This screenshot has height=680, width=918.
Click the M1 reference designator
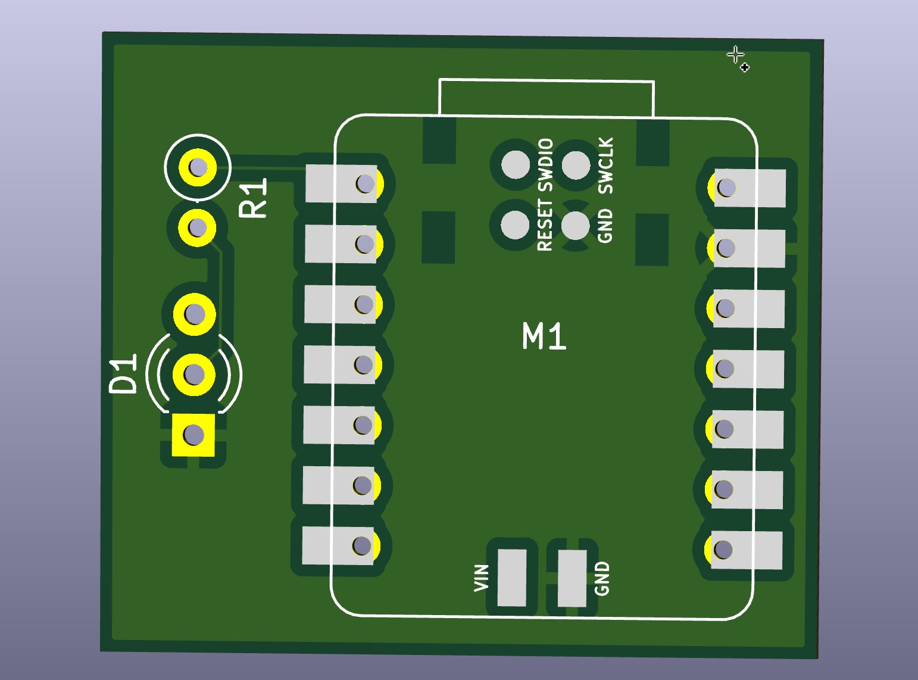[x=544, y=336]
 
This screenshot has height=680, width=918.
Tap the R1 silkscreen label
[x=254, y=199]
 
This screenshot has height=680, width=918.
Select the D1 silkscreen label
[x=124, y=374]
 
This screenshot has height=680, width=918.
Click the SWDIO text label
[x=545, y=164]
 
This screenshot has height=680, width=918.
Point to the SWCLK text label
[x=606, y=166]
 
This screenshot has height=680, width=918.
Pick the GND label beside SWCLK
[x=605, y=226]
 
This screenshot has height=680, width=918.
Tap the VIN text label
[x=481, y=578]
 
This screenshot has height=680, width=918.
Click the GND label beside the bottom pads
[x=602, y=578]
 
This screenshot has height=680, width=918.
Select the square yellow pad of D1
[x=193, y=435]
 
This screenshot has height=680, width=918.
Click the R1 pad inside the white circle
[x=197, y=167]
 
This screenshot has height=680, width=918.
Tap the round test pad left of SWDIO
[x=515, y=164]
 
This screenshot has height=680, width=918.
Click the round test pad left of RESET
[x=515, y=224]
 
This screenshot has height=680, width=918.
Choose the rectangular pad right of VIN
[x=512, y=578]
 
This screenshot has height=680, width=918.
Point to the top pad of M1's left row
[x=342, y=183]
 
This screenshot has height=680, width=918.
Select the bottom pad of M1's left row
[x=339, y=545]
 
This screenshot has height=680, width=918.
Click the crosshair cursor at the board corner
[x=736, y=55]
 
